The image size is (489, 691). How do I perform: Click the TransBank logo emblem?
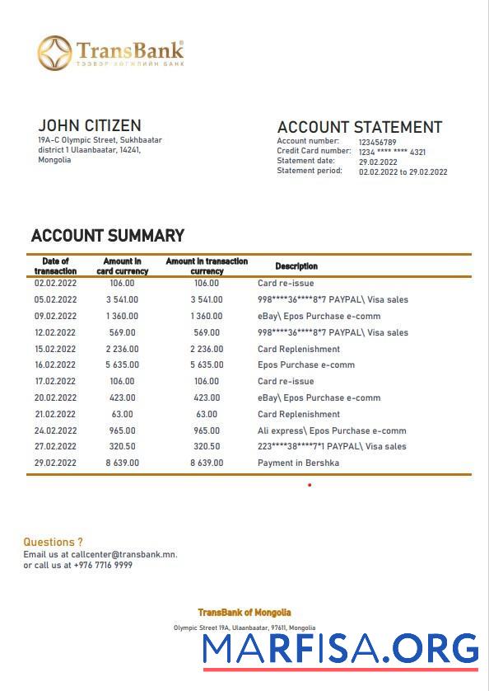(x=54, y=53)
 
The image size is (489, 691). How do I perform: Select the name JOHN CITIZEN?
(x=89, y=125)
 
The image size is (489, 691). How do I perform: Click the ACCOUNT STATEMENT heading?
(x=359, y=127)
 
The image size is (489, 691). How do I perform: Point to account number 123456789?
(x=377, y=142)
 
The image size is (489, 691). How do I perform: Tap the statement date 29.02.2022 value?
(x=378, y=162)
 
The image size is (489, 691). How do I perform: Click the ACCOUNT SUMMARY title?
(x=107, y=236)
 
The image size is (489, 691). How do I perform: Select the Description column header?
(x=296, y=266)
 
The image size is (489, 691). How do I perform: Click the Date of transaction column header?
(x=55, y=266)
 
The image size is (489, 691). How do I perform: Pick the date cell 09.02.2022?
(x=55, y=316)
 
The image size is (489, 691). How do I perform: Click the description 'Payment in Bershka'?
(x=298, y=463)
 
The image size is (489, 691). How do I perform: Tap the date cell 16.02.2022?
(x=55, y=364)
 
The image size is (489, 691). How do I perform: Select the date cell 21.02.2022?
(x=55, y=414)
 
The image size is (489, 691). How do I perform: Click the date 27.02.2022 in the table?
(x=55, y=446)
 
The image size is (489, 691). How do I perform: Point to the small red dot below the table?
(x=310, y=485)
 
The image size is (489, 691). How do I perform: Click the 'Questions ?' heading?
(x=53, y=542)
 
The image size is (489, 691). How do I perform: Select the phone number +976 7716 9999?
(x=103, y=566)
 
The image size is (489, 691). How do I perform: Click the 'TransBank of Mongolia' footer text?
(x=244, y=613)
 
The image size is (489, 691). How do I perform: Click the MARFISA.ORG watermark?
(x=340, y=649)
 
